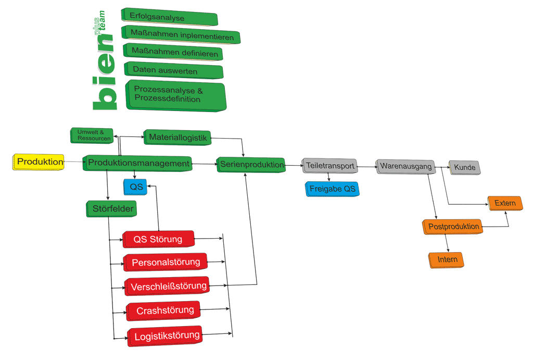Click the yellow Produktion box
[39, 162]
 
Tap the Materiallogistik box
[177, 138]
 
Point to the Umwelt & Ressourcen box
[92, 135]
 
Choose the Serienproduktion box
[251, 165]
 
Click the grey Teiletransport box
[329, 166]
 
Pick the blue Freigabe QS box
[332, 189]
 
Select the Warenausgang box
[405, 167]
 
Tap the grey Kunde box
[464, 168]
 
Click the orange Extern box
[505, 203]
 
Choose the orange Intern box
[446, 259]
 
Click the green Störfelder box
[110, 209]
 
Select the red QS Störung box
[158, 239]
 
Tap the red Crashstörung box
[164, 311]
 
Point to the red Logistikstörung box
[166, 336]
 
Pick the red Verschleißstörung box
[168, 286]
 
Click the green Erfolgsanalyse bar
[169, 17]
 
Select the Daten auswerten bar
[173, 70]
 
